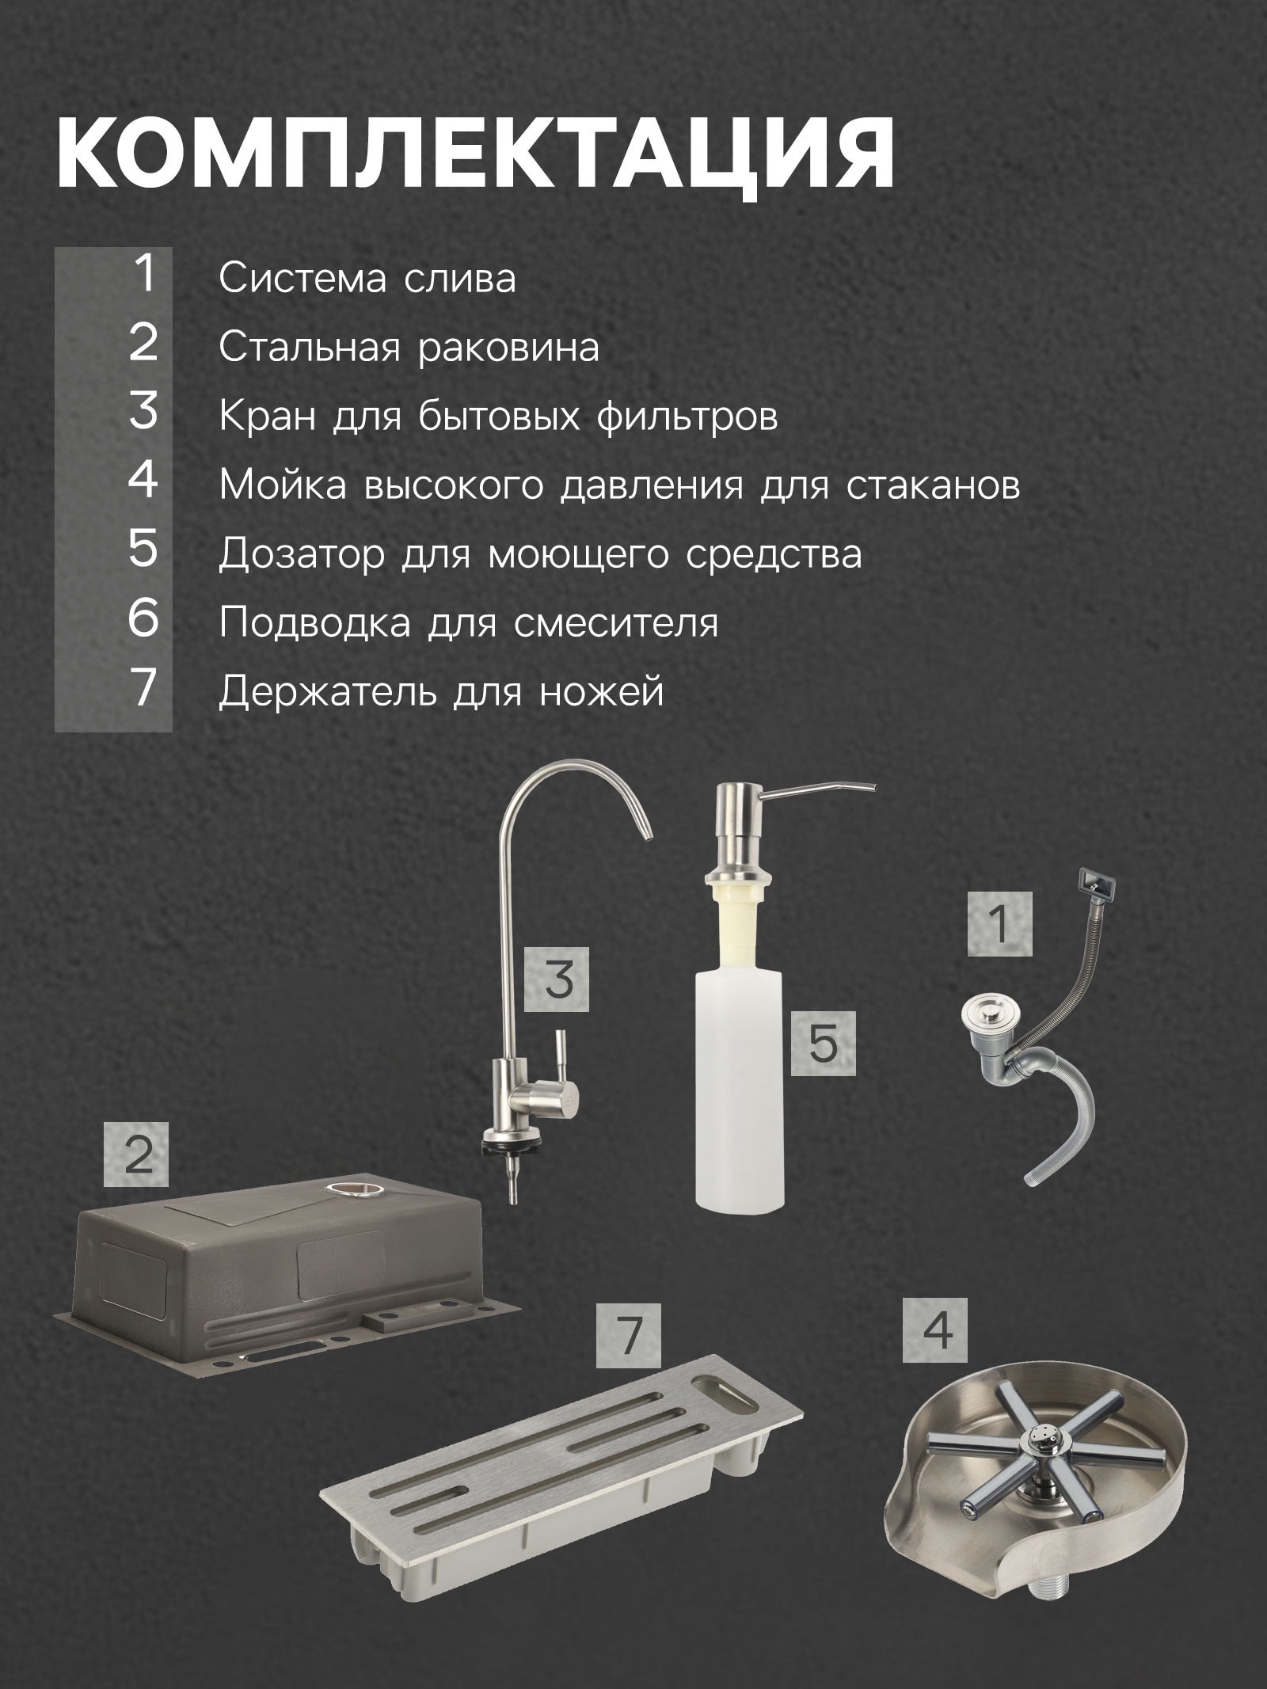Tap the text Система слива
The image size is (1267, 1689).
click(367, 279)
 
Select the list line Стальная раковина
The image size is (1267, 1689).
click(409, 348)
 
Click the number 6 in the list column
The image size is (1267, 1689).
click(143, 618)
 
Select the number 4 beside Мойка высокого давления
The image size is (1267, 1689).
click(143, 480)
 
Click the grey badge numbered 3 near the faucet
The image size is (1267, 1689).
click(558, 980)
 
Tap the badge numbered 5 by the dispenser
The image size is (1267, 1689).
click(824, 1043)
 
